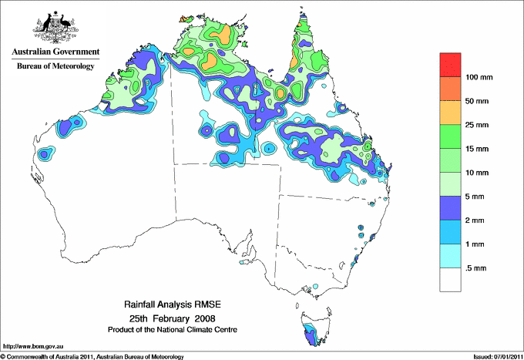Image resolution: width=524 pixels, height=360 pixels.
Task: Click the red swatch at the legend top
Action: pos(450,65)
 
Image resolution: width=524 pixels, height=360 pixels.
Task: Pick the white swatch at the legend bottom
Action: pos(450,279)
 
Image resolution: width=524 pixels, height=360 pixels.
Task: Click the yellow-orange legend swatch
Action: pos(450,113)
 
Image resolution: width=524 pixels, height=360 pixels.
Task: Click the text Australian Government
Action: pos(55,52)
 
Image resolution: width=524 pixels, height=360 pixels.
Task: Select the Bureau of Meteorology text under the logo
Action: pos(55,66)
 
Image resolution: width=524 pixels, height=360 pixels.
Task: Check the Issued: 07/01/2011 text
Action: pos(495,355)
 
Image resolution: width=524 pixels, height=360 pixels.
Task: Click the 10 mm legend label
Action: pos(478,172)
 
